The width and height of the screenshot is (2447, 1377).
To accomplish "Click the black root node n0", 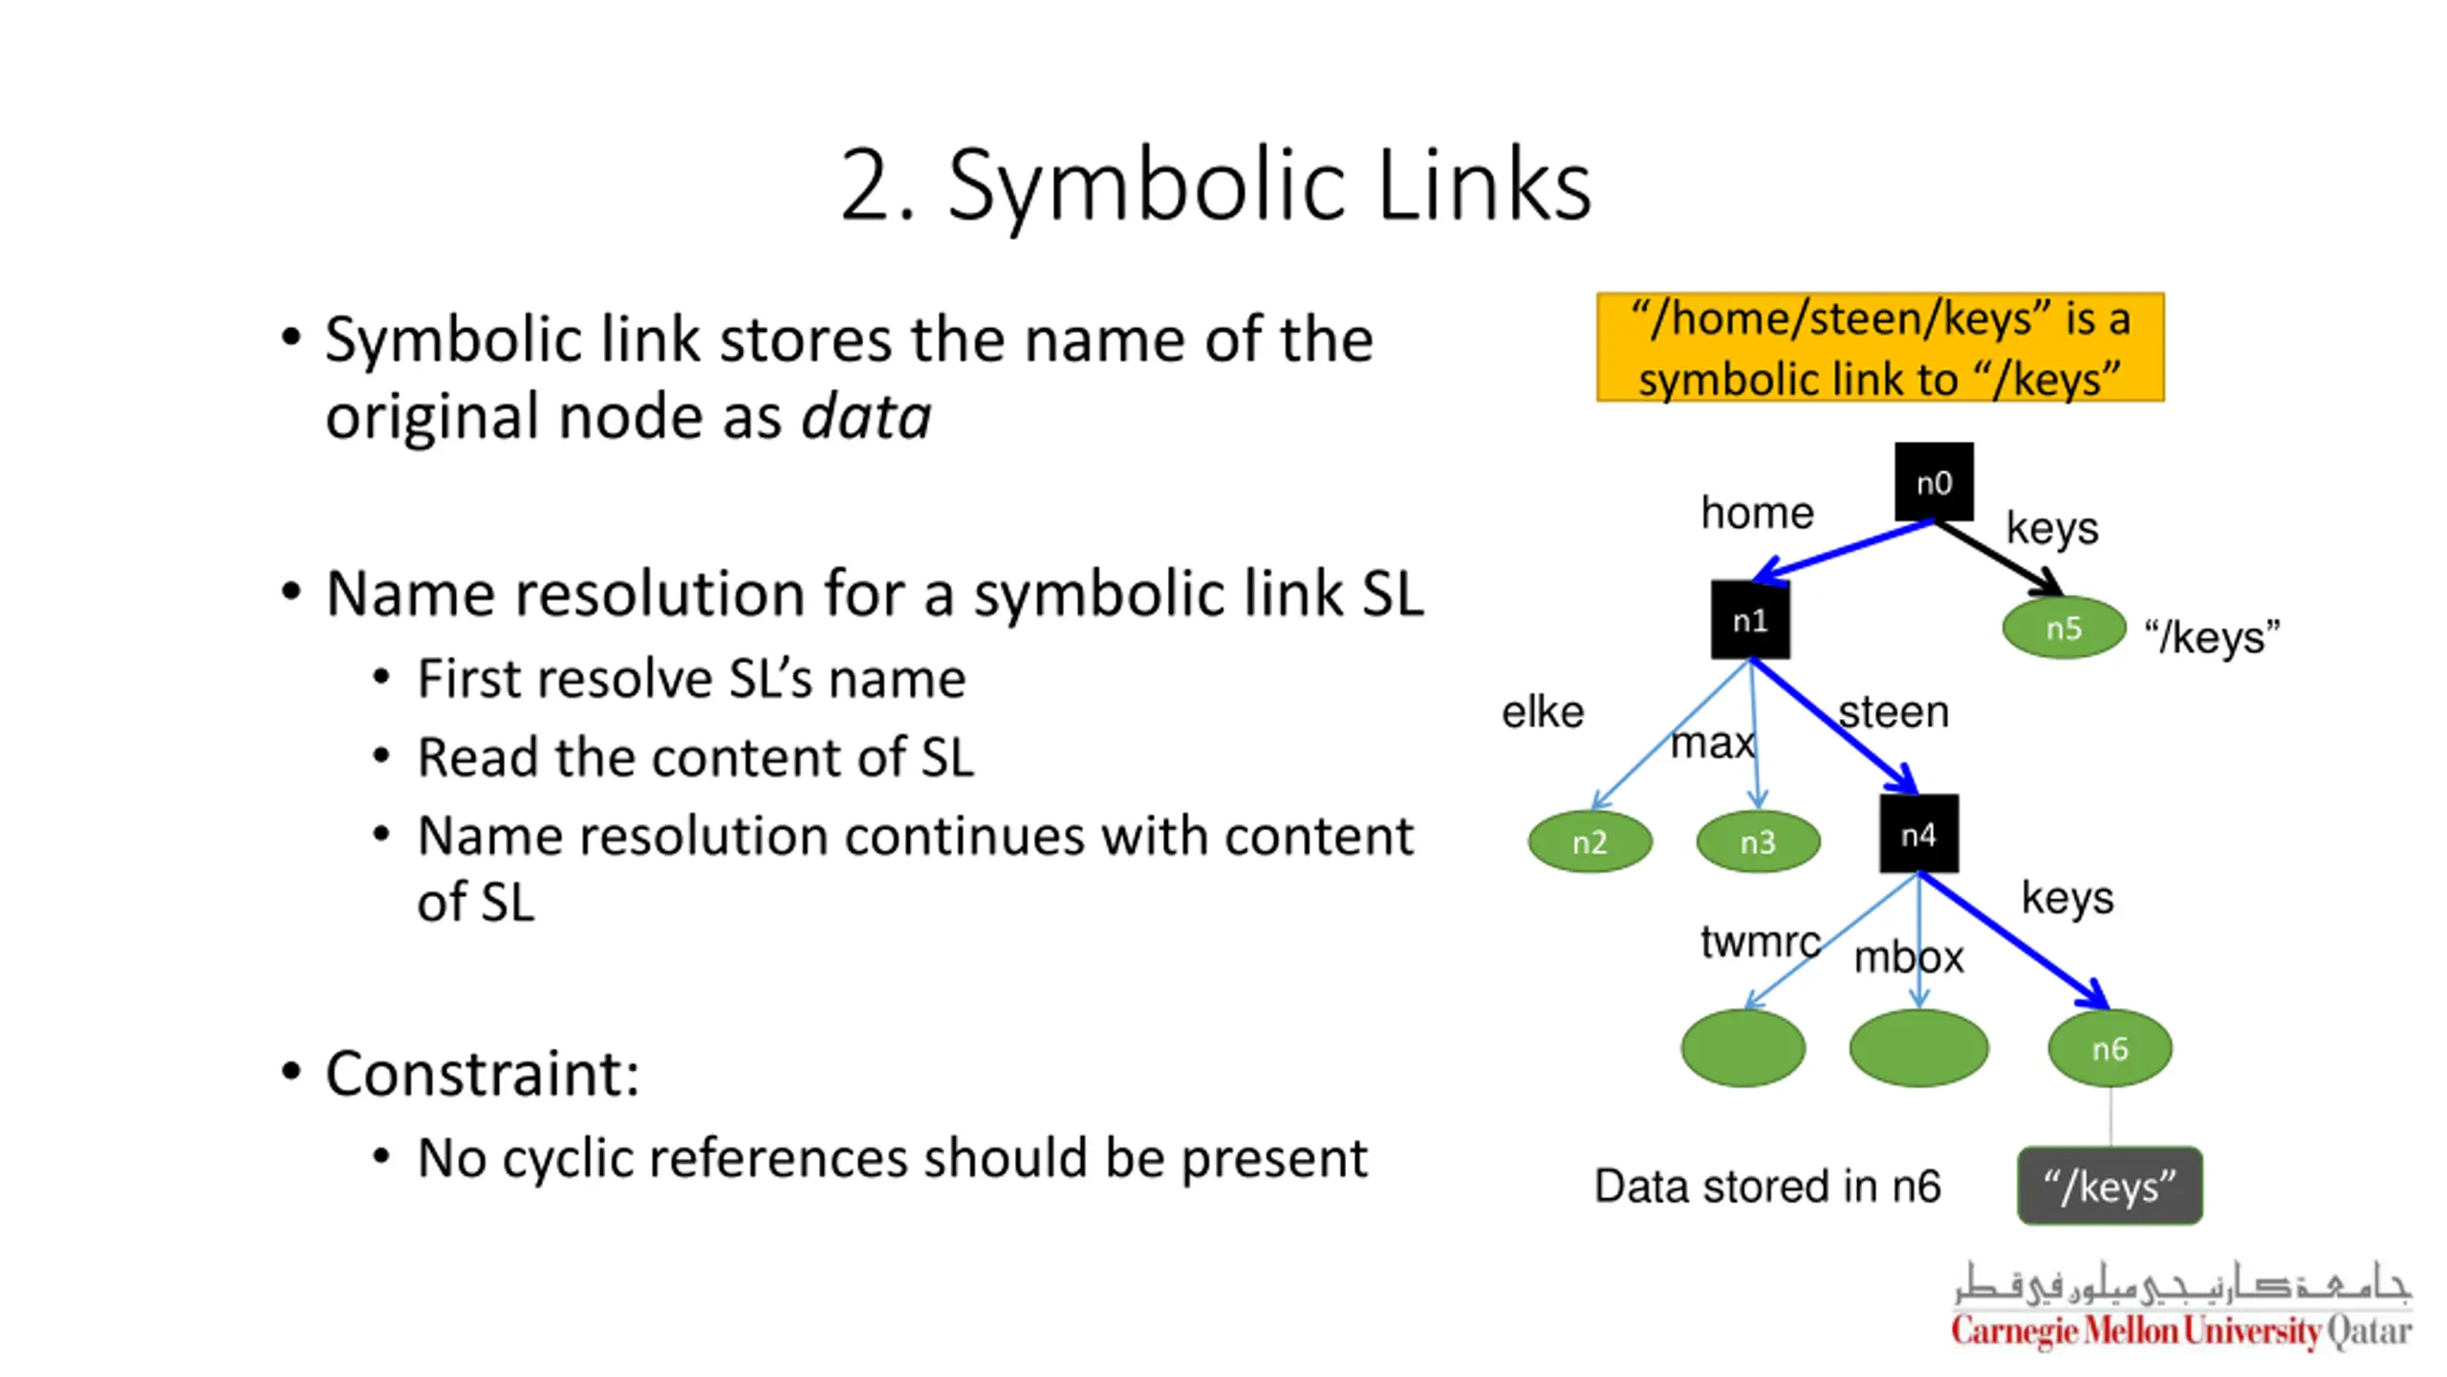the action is tap(1934, 482).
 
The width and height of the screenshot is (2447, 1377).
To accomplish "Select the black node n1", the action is tap(1750, 620).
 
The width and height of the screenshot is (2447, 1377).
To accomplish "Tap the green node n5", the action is tap(2064, 627).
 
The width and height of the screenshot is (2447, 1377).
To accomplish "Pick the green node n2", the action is tap(1590, 841).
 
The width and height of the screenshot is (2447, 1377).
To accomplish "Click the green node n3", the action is tap(1758, 841).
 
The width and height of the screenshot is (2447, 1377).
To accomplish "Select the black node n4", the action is tap(1918, 834).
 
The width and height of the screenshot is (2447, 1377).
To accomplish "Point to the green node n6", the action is tap(2110, 1048).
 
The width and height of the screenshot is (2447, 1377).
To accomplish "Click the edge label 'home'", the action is tap(1757, 514).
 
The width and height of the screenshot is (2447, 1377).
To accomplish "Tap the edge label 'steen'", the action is tap(1894, 712).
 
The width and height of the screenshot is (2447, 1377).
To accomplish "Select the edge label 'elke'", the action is tap(1543, 712).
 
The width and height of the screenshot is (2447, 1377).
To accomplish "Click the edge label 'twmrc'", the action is tap(1760, 942).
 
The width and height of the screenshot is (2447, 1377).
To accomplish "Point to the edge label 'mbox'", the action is tap(1909, 957).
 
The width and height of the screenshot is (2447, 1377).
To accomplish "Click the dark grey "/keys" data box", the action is tap(2110, 1186).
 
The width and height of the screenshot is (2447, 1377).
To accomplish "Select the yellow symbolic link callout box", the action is tap(1880, 347).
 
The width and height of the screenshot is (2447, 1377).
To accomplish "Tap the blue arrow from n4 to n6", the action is tap(2014, 941).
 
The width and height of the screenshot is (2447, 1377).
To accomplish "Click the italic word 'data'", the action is tap(866, 417).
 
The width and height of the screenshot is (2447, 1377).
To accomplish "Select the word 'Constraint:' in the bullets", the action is tap(483, 1074).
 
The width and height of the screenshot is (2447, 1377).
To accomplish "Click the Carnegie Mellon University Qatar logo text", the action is tap(2182, 1330).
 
